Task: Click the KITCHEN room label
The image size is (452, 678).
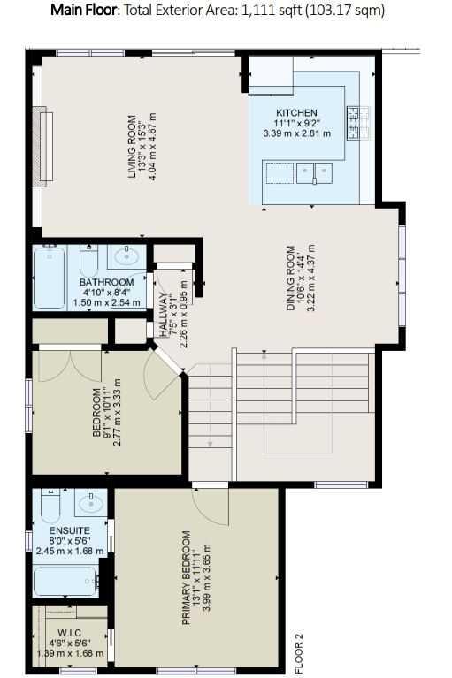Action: (296, 113)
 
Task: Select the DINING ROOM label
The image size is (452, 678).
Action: (291, 278)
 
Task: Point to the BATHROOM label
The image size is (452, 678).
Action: (106, 282)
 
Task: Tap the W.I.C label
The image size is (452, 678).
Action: (69, 633)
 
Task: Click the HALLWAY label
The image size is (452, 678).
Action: (163, 315)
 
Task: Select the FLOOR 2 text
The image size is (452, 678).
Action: (299, 653)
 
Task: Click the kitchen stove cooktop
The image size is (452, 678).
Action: (358, 123)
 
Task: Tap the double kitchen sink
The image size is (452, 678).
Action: (314, 173)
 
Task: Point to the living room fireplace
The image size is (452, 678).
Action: (42, 146)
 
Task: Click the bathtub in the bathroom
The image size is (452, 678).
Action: (50, 277)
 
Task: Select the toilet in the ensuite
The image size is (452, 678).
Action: (50, 505)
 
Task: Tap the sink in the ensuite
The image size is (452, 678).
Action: (91, 502)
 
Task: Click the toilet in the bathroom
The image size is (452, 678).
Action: (89, 260)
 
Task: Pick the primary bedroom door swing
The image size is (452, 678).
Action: (211, 507)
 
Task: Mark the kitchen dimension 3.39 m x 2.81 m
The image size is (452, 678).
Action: (296, 133)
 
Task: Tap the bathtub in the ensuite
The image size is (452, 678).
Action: (65, 581)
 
